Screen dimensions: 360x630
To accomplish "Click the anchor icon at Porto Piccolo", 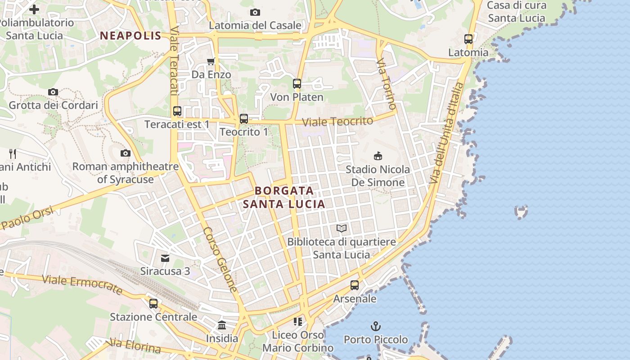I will pos(375,326).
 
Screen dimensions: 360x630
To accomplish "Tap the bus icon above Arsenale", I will pos(355,285).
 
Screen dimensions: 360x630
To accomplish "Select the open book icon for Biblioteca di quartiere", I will pos(342,229).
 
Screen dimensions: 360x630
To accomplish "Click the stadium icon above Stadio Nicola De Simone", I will pos(378,156).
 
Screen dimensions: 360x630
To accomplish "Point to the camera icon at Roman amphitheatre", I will pos(126,153).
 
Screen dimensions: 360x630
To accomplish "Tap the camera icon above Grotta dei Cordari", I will pos(53,92).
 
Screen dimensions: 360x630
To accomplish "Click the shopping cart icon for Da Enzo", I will pos(211,61).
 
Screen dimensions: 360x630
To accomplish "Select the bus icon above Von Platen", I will pos(297,84).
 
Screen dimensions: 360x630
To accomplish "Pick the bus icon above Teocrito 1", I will pos(244,119).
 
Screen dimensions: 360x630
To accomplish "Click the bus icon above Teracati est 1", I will pos(177,111).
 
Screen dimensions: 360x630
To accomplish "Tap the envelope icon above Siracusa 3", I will pos(165,258).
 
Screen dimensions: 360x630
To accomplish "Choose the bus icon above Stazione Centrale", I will pos(153,304).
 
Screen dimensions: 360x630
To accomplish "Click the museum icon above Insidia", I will pos(222,325).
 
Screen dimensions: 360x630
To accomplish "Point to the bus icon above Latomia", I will pos(468,39).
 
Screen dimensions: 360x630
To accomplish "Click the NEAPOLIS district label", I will pos(130,36).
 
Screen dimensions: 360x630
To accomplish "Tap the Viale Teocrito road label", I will pos(337,121).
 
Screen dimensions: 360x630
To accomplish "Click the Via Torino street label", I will pos(387,84).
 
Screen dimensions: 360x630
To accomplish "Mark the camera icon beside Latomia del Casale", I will pos(255,13).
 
